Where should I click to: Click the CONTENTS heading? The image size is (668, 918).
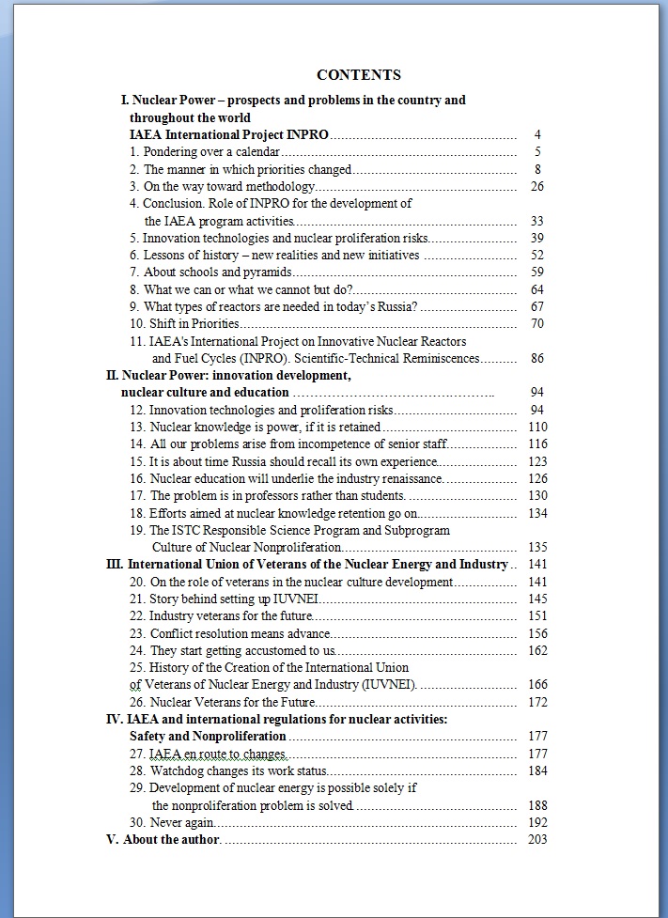tap(359, 75)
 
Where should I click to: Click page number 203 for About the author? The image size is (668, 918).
tap(537, 839)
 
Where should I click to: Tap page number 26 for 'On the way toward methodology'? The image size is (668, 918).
tap(537, 186)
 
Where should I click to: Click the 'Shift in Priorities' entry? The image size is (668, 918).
tap(187, 324)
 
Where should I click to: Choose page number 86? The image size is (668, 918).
tap(537, 358)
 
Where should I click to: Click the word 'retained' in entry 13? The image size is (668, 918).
tap(361, 428)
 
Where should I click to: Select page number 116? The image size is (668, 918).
tap(537, 443)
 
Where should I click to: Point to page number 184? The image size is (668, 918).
tap(537, 771)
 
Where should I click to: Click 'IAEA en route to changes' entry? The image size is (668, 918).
tap(209, 754)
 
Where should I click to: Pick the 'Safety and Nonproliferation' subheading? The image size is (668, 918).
tap(208, 737)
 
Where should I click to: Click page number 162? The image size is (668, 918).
tap(537, 650)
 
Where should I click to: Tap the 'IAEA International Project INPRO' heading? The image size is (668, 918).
tap(228, 135)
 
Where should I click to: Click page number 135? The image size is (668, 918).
tap(537, 547)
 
